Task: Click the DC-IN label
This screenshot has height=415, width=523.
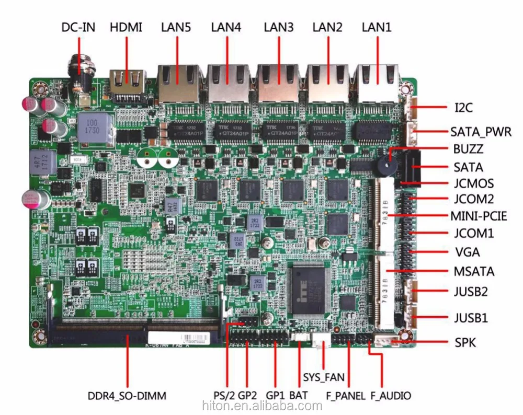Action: [78, 27]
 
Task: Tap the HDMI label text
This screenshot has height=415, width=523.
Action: [126, 27]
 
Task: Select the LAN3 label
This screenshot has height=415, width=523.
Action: [279, 27]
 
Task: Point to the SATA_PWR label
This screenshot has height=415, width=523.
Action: [481, 131]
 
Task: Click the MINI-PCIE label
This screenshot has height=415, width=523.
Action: [479, 216]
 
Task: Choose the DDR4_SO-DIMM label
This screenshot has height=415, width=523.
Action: [127, 396]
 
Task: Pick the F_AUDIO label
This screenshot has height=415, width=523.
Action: [390, 396]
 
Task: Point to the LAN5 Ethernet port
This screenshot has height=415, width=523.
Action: [177, 81]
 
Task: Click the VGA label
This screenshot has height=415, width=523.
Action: [467, 252]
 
